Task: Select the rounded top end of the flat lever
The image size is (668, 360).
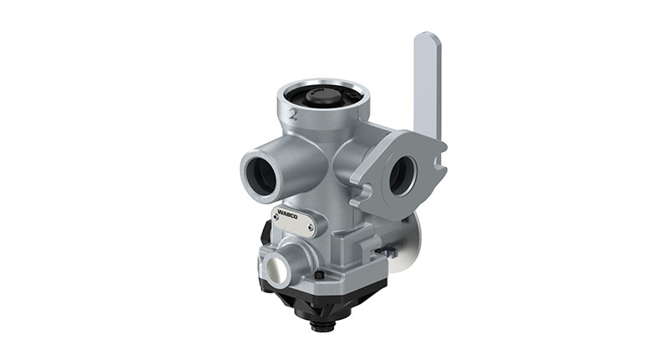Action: point(426,40)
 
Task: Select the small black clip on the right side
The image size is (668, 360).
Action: point(384,250)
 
